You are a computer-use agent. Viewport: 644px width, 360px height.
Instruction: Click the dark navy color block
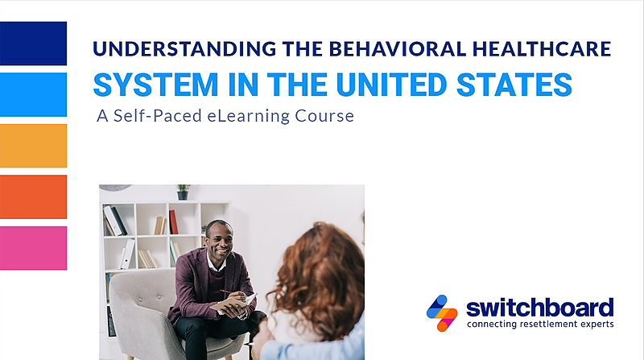click(x=33, y=43)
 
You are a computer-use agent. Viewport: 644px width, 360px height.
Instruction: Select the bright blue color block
click(x=33, y=94)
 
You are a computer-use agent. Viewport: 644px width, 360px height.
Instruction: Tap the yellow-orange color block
click(x=33, y=146)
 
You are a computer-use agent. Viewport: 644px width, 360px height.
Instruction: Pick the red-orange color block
click(x=33, y=197)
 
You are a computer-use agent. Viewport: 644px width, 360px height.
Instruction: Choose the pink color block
click(x=33, y=248)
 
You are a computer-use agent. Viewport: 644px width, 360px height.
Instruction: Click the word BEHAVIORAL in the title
click(x=398, y=48)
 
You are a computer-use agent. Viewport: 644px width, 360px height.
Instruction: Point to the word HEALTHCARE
click(x=542, y=48)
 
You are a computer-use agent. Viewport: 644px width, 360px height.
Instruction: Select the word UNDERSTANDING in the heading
click(x=184, y=48)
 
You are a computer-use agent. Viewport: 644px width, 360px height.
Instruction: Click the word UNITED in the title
click(x=391, y=85)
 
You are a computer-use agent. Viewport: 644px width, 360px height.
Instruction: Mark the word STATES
click(x=514, y=85)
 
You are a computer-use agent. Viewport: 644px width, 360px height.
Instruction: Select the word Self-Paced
click(x=158, y=115)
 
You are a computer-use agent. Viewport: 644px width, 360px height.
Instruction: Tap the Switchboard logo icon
click(x=442, y=313)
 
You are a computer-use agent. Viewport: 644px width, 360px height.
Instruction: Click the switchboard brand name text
click(x=540, y=308)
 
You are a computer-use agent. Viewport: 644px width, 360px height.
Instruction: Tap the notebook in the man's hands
click(x=233, y=304)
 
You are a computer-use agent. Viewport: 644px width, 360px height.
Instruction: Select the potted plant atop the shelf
click(x=183, y=192)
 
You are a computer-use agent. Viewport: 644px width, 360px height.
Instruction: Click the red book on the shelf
click(x=173, y=222)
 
